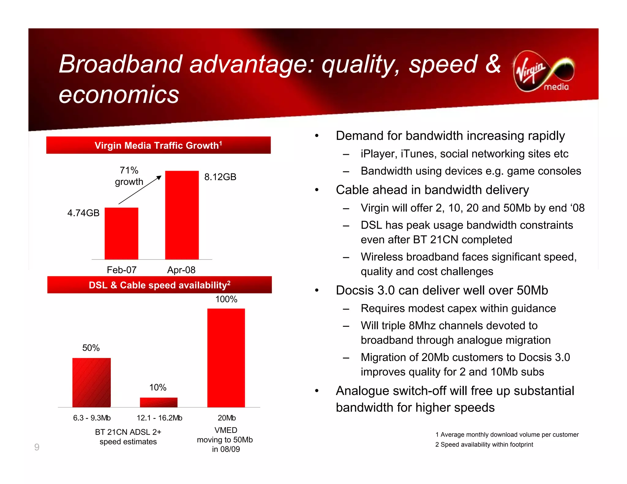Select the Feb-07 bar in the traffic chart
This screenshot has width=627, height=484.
pyautogui.click(x=121, y=233)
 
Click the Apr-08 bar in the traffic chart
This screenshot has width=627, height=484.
pyautogui.click(x=182, y=215)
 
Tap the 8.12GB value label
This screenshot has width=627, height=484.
pyautogui.click(x=220, y=177)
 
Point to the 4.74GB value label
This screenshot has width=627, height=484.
pyautogui.click(x=83, y=213)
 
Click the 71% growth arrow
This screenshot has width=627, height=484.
pyautogui.click(x=140, y=190)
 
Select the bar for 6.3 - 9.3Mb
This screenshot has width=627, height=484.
pyautogui.click(x=92, y=382)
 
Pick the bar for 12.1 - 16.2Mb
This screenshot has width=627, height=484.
pyautogui.click(x=159, y=402)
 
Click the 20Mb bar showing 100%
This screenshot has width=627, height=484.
pyautogui.click(x=226, y=358)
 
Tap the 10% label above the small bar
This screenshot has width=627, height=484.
pyautogui.click(x=158, y=387)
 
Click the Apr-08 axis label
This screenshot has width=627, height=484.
pyautogui.click(x=181, y=270)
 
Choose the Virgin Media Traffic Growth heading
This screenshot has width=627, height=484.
pyautogui.click(x=158, y=145)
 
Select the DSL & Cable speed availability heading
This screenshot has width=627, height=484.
pyautogui.click(x=160, y=285)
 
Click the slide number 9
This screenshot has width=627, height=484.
pyautogui.click(x=37, y=447)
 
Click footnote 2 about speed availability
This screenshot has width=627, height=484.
pyautogui.click(x=484, y=445)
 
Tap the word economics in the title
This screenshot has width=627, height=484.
pyautogui.click(x=119, y=95)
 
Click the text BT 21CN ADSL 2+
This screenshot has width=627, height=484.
pyautogui.click(x=128, y=432)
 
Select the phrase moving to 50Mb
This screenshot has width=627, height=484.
pyautogui.click(x=225, y=440)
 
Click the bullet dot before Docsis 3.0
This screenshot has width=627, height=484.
pyautogui.click(x=317, y=290)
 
